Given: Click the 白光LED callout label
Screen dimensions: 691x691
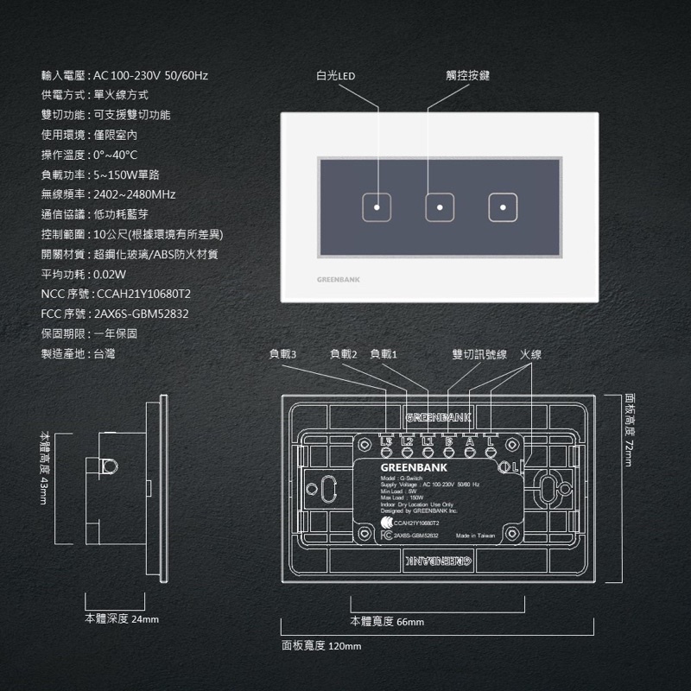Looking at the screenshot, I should tap(336, 76).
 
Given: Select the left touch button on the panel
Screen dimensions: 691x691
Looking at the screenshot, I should tap(377, 207).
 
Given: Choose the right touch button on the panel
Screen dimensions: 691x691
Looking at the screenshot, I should tap(502, 207).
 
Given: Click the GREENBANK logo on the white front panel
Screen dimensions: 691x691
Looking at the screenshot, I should tap(339, 280).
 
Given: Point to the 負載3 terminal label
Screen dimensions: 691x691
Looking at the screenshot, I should tap(282, 354).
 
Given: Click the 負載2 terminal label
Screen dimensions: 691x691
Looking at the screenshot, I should tap(344, 354).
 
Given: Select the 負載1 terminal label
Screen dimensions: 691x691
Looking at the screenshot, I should tap(384, 354).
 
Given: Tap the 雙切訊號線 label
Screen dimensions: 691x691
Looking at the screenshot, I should tap(479, 354).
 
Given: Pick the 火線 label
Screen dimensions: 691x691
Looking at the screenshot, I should tap(530, 354).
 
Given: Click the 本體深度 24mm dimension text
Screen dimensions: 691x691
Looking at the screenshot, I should tap(122, 619).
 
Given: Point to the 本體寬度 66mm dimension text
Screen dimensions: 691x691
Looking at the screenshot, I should tap(387, 622).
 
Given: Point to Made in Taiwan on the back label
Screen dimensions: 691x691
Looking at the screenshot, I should tap(475, 536).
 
